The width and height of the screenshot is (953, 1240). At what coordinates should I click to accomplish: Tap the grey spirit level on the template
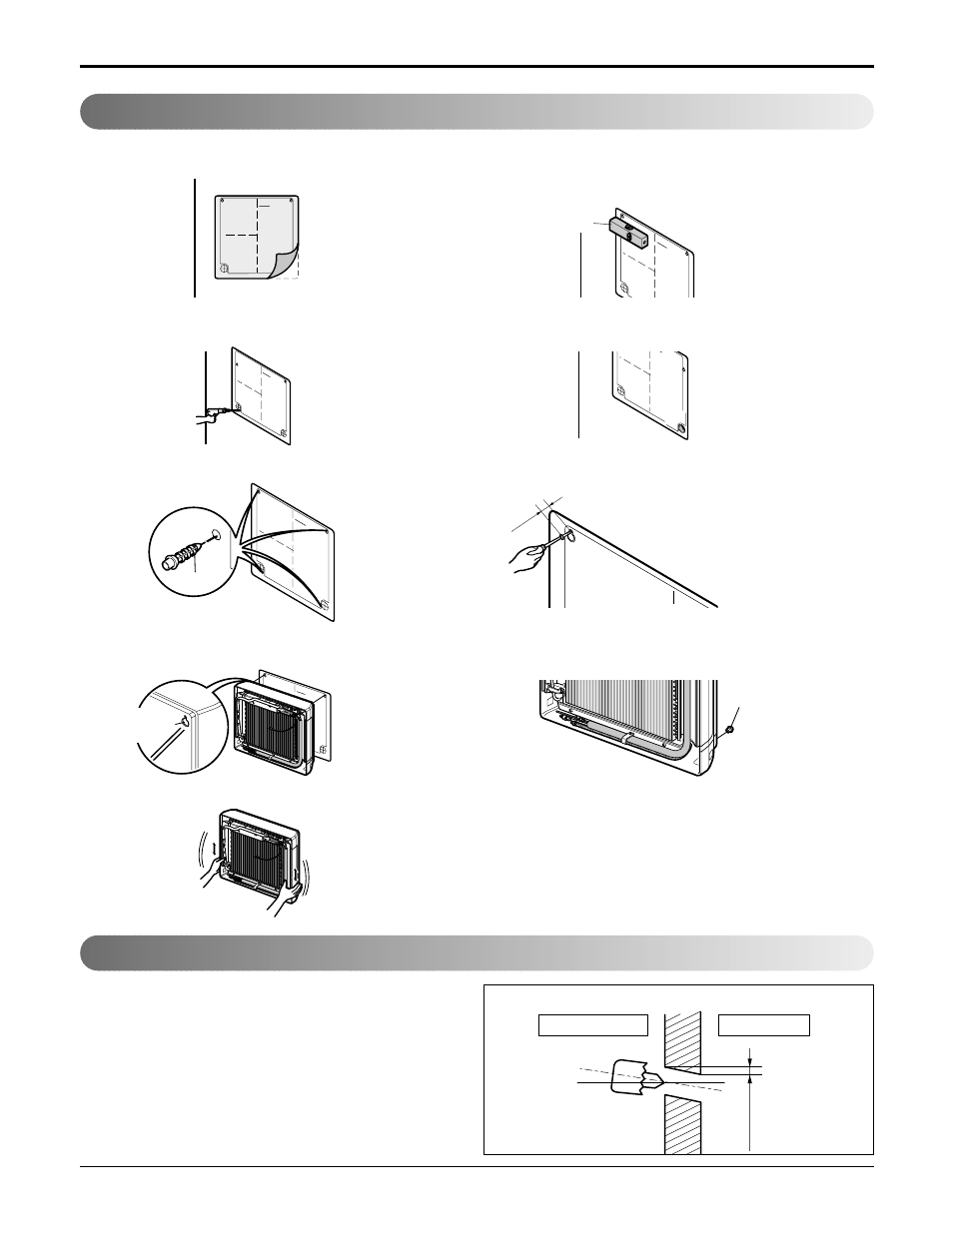click(627, 232)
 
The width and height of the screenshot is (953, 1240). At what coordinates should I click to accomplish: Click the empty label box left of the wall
click(593, 1025)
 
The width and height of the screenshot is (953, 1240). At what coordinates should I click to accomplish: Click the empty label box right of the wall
click(764, 1025)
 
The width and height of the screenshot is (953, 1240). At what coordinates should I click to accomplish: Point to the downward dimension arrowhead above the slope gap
click(750, 1064)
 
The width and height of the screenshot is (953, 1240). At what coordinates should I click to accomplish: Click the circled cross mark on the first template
click(225, 268)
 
